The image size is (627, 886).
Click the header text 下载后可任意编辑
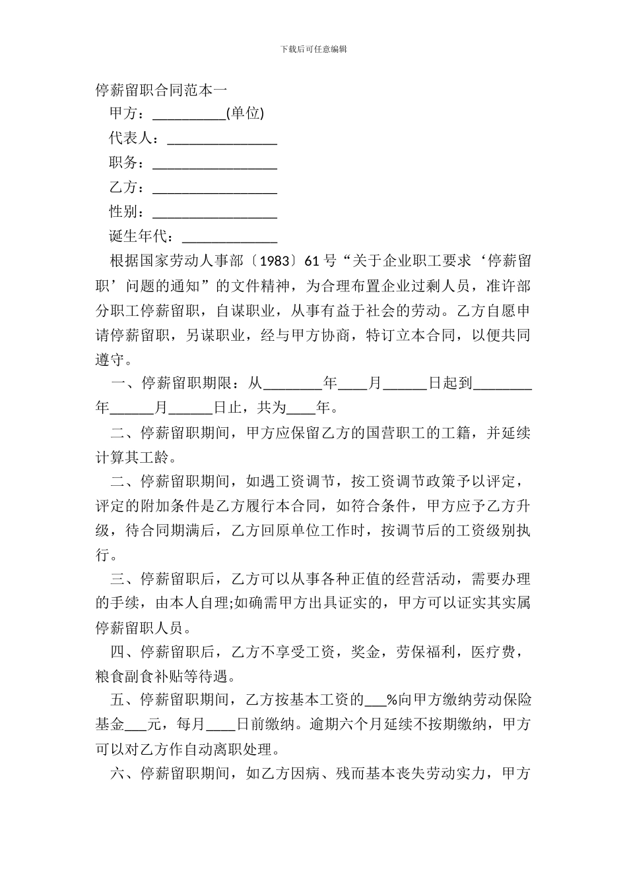pyautogui.click(x=313, y=49)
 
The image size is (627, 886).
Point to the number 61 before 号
pyautogui.click(x=312, y=261)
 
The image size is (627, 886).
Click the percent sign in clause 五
pyautogui.click(x=391, y=700)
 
